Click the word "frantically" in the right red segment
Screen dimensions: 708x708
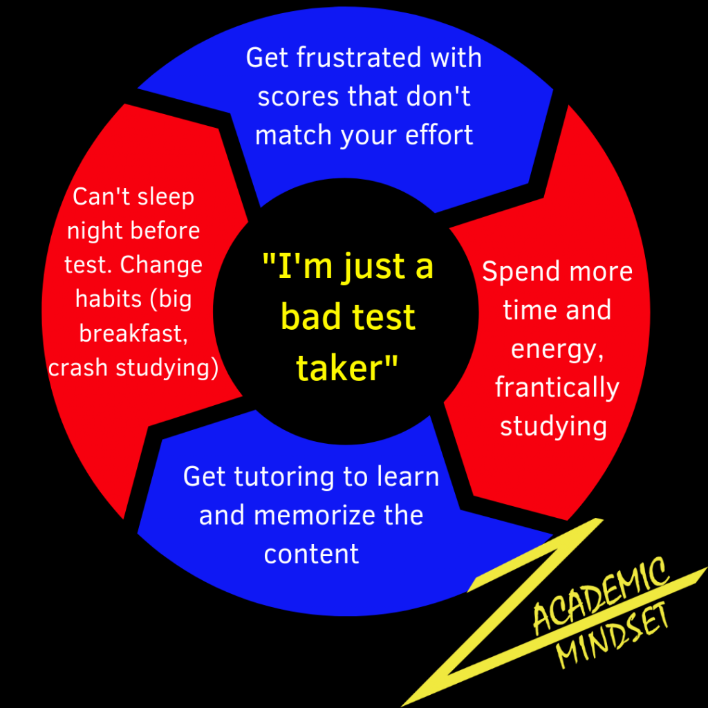[557, 388]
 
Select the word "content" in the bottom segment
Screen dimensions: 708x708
[311, 554]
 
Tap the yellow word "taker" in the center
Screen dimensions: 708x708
[339, 368]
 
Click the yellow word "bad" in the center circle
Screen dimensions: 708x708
[310, 317]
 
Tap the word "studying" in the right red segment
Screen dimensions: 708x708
[553, 426]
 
